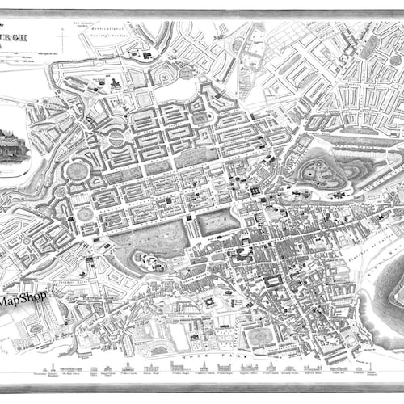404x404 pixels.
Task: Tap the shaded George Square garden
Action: click(259, 335)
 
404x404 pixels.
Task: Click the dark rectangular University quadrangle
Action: click(274, 283)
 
